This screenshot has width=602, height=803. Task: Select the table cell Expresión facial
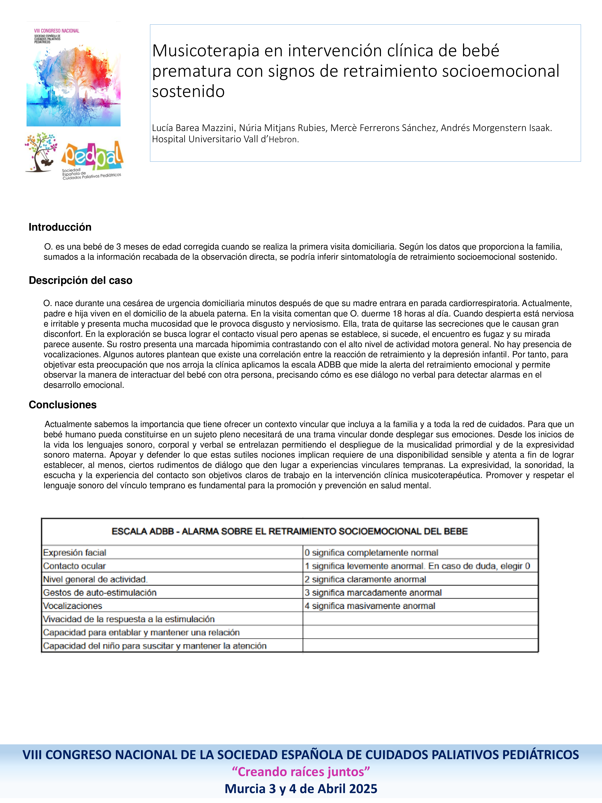point(75,553)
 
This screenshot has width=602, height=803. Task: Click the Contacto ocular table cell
point(74,566)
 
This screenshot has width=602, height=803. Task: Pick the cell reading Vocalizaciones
point(73,606)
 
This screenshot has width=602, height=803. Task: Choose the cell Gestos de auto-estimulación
point(100,592)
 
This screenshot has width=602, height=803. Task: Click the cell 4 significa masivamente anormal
point(370,606)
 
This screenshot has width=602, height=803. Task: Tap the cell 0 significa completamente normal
point(371,553)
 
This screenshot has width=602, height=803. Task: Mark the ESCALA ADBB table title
point(290,531)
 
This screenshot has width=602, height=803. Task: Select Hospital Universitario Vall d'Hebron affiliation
point(225,139)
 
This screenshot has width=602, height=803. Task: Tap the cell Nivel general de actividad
point(95,579)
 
